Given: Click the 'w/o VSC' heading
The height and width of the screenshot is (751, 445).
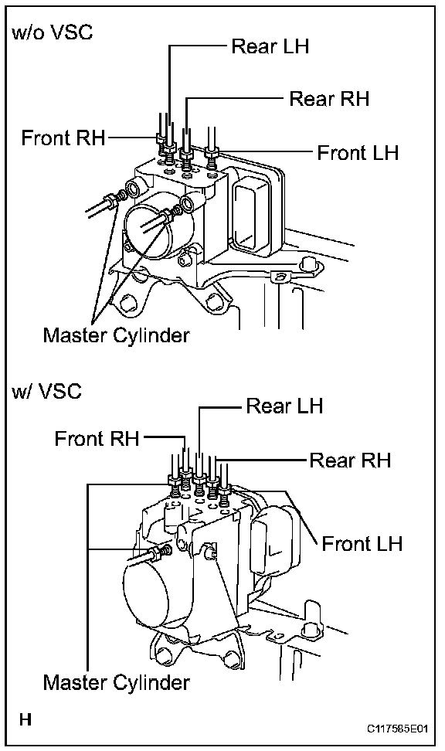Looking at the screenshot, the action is (53, 32).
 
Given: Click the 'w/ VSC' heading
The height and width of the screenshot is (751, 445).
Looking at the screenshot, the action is (47, 392).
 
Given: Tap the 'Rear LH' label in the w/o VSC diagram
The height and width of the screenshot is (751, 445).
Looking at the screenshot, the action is (270, 46).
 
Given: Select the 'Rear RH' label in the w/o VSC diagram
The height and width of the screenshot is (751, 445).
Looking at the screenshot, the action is (329, 99).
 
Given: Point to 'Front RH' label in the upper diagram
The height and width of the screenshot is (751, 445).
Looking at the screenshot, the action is (63, 138).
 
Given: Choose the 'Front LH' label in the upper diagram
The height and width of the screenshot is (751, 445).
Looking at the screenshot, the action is (358, 153).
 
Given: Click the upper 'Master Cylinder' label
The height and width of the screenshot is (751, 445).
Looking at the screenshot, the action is (117, 335).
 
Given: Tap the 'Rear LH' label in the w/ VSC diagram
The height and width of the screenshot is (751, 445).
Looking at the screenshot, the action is (284, 406).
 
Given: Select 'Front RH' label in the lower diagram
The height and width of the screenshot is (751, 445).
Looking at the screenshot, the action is (97, 439).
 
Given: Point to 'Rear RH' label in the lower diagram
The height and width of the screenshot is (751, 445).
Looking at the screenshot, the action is (350, 460).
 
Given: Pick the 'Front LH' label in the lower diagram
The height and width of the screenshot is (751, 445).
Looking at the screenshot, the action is (362, 544).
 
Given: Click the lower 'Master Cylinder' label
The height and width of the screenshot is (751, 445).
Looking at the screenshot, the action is (117, 682).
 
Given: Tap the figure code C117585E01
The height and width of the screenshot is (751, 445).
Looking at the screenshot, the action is (397, 729).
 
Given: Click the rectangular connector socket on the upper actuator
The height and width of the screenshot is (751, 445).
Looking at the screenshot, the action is (251, 210).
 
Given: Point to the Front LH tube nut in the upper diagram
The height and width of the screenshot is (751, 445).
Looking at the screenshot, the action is (211, 153).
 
